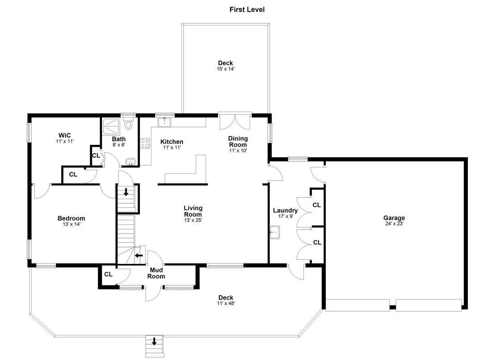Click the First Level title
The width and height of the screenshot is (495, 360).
[x=247, y=9]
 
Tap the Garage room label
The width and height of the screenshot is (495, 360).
[x=394, y=218]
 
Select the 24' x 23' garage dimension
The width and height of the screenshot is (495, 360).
[x=394, y=224]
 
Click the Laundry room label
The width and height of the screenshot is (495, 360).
[x=285, y=210]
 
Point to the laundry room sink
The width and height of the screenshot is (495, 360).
[x=275, y=232]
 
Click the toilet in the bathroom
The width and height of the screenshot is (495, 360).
[x=128, y=124]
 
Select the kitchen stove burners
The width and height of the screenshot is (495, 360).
[x=145, y=143]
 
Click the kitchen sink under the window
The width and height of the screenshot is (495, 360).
[x=164, y=122]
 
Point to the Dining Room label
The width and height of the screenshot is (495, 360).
[x=238, y=141]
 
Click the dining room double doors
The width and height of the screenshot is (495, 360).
[x=235, y=121]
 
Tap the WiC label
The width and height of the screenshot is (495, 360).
[x=65, y=135]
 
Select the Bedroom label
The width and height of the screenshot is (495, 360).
[x=71, y=218]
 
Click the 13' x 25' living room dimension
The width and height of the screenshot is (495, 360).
[x=193, y=220]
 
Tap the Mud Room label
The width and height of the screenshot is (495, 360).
[x=156, y=273]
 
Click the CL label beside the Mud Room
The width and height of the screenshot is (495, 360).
[x=108, y=274]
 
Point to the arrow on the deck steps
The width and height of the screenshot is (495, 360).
[x=155, y=341]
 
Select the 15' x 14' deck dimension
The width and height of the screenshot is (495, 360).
[x=226, y=69]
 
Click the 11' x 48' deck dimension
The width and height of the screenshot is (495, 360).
[x=226, y=304]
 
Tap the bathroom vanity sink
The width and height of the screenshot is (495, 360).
[x=130, y=162]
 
